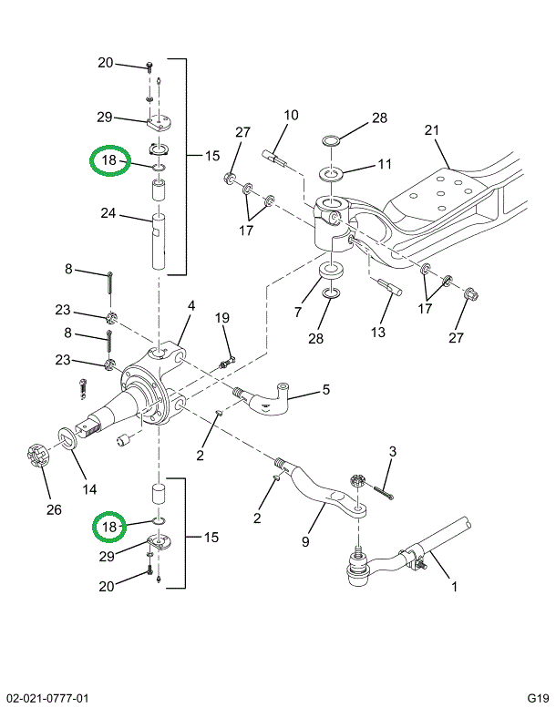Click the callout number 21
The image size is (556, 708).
(431, 130)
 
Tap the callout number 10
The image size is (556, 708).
(291, 116)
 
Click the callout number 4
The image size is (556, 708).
(191, 305)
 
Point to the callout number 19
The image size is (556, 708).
(221, 317)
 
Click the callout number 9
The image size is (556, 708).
(306, 541)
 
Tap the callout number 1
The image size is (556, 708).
(454, 587)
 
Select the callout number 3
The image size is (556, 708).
(392, 451)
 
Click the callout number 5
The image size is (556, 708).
(324, 392)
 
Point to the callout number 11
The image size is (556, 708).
(384, 164)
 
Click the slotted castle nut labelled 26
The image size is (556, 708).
(33, 455)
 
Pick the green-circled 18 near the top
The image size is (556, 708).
(109, 161)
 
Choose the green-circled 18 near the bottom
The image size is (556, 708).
(109, 527)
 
